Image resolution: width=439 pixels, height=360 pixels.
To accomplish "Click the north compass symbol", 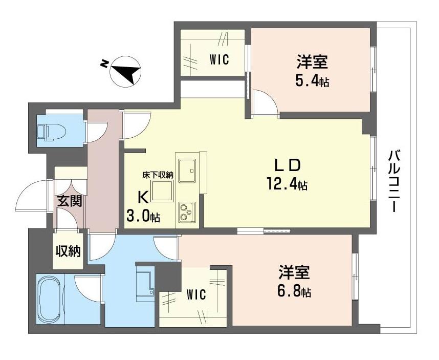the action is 123,71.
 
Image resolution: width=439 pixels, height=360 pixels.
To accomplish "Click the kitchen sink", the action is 188,170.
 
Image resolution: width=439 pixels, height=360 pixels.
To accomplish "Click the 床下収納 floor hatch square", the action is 162,191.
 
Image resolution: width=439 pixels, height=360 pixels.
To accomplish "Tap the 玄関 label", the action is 70,201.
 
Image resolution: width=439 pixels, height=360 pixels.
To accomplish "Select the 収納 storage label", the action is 68,251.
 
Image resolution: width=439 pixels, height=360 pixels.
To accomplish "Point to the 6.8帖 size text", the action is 294,292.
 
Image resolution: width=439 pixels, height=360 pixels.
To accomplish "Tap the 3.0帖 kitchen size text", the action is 143,216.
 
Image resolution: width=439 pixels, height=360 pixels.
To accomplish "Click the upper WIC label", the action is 220,59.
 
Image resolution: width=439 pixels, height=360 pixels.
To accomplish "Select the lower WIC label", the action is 196,294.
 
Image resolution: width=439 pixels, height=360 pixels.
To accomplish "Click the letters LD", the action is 287,165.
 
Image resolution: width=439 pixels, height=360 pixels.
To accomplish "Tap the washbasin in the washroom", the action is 145,283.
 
